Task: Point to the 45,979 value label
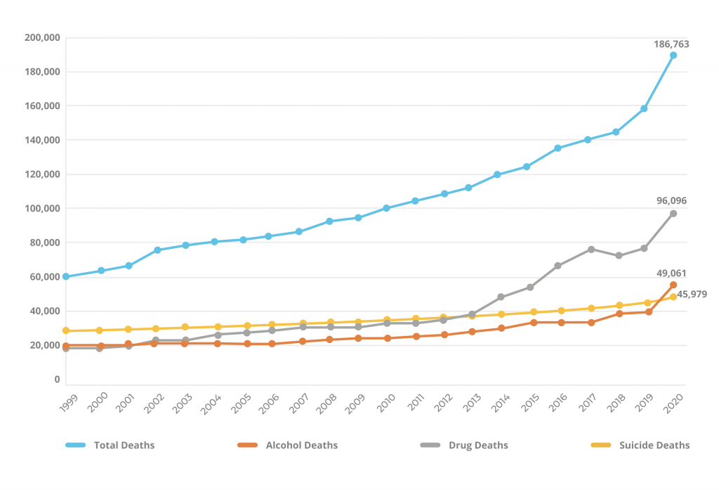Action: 692,294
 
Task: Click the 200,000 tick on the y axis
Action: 42,37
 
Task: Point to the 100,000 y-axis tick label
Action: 42,209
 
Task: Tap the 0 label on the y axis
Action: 57,380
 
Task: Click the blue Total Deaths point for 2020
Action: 673,56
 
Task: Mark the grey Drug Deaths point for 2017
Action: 591,250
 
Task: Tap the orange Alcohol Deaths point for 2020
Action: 673,285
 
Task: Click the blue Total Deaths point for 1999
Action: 66,276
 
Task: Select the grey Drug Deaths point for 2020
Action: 673,213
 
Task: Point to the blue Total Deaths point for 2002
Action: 157,250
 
